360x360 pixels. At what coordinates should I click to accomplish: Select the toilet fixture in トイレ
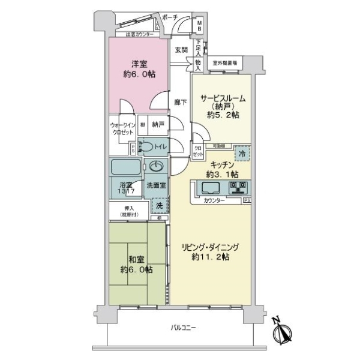pyautogui.click(x=148, y=146)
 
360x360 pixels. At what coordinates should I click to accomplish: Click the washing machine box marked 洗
pyautogui.click(x=158, y=206)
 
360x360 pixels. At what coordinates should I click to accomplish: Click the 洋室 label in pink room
pyautogui.click(x=136, y=64)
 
